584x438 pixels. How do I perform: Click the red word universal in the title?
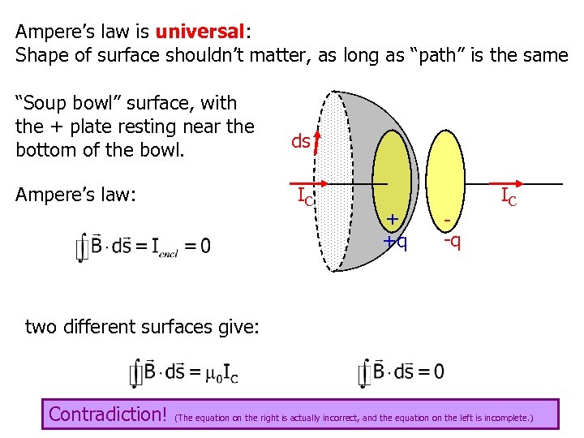pyautogui.click(x=200, y=32)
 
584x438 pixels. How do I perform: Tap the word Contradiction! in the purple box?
pyautogui.click(x=107, y=414)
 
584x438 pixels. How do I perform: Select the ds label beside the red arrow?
pyautogui.click(x=299, y=142)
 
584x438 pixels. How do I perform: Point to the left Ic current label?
pyautogui.click(x=304, y=196)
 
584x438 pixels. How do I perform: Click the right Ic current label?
pyautogui.click(x=509, y=196)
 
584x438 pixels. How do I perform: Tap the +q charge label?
pyautogui.click(x=396, y=242)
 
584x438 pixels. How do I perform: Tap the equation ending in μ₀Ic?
pyautogui.click(x=183, y=373)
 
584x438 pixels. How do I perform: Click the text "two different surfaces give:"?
pyautogui.click(x=142, y=327)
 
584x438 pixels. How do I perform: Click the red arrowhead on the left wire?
pyautogui.click(x=324, y=184)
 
